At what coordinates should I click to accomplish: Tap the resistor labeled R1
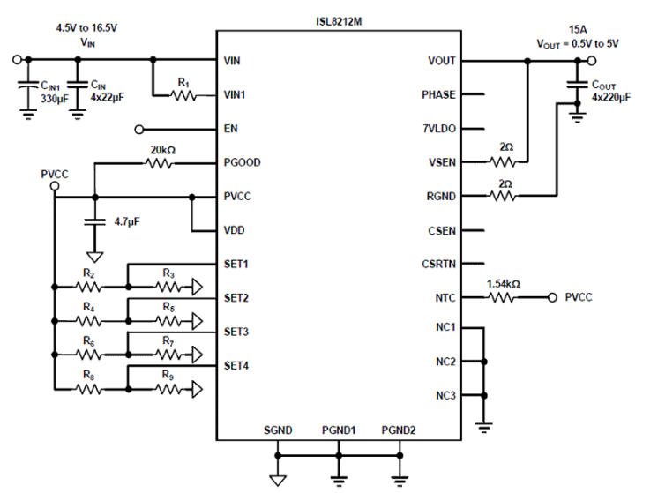tap(183, 95)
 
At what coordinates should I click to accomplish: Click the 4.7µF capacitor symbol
tap(95, 222)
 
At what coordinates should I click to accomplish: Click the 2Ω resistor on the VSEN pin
tap(503, 162)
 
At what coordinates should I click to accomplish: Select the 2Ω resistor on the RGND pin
tap(503, 196)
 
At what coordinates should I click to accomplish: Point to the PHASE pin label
tap(439, 94)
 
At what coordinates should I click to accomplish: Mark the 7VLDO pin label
tap(439, 129)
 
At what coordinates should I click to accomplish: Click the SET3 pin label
tap(237, 332)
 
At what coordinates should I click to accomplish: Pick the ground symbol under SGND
tap(278, 481)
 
